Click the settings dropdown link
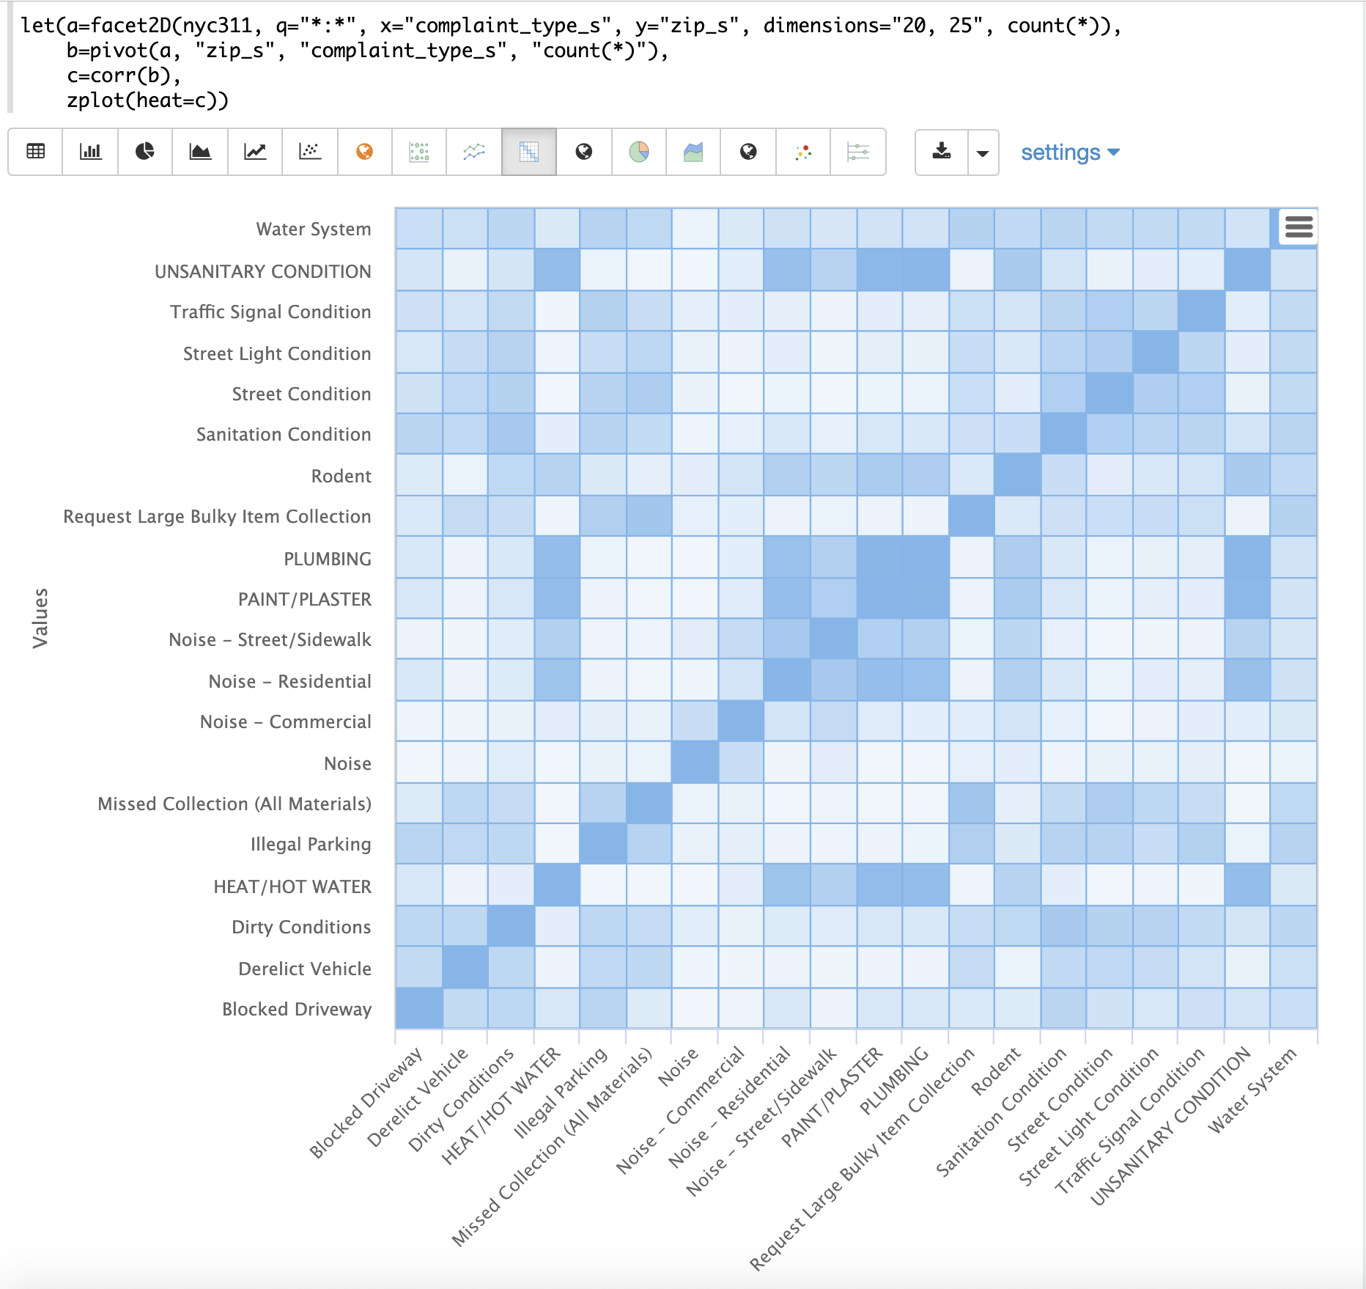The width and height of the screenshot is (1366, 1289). pos(1069,153)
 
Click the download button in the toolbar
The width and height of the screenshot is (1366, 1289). pos(942,152)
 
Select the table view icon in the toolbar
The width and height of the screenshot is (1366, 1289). pos(35,152)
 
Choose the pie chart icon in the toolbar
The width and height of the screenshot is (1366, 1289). pos(145,152)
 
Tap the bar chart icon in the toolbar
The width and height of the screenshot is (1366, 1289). pos(90,152)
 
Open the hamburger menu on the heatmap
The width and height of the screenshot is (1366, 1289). pos(1299,227)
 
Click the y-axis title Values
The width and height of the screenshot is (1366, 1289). pos(40,617)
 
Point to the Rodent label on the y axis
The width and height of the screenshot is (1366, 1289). pos(341,476)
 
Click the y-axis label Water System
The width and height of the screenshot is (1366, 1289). pos(313,229)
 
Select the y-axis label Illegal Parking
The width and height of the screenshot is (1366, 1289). pos(310,845)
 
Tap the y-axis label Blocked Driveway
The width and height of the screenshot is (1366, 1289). pos(296,1009)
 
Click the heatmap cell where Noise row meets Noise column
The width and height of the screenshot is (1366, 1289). pos(695,763)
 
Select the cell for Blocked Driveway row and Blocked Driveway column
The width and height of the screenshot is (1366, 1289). pos(418,1008)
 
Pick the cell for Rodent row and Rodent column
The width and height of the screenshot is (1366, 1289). pos(1017,475)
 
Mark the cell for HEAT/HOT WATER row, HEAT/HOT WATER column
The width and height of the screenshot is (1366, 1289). pos(557,885)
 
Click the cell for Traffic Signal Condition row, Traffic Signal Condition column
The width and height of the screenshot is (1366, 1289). pos(1201,311)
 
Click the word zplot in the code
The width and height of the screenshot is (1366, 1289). pos(95,100)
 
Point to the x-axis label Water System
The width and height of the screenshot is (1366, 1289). pos(1251,1091)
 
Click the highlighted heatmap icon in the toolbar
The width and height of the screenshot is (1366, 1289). pos(529,152)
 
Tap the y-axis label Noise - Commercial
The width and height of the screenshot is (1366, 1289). pos(285,722)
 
